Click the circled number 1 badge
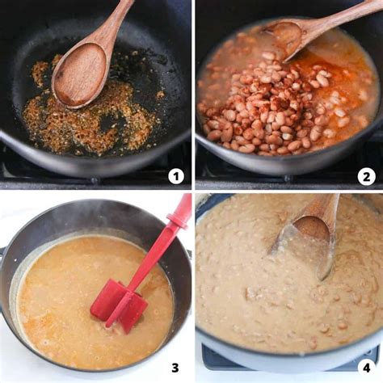[x=175, y=175]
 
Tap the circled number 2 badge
[x=367, y=175]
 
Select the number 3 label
[x=175, y=368]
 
